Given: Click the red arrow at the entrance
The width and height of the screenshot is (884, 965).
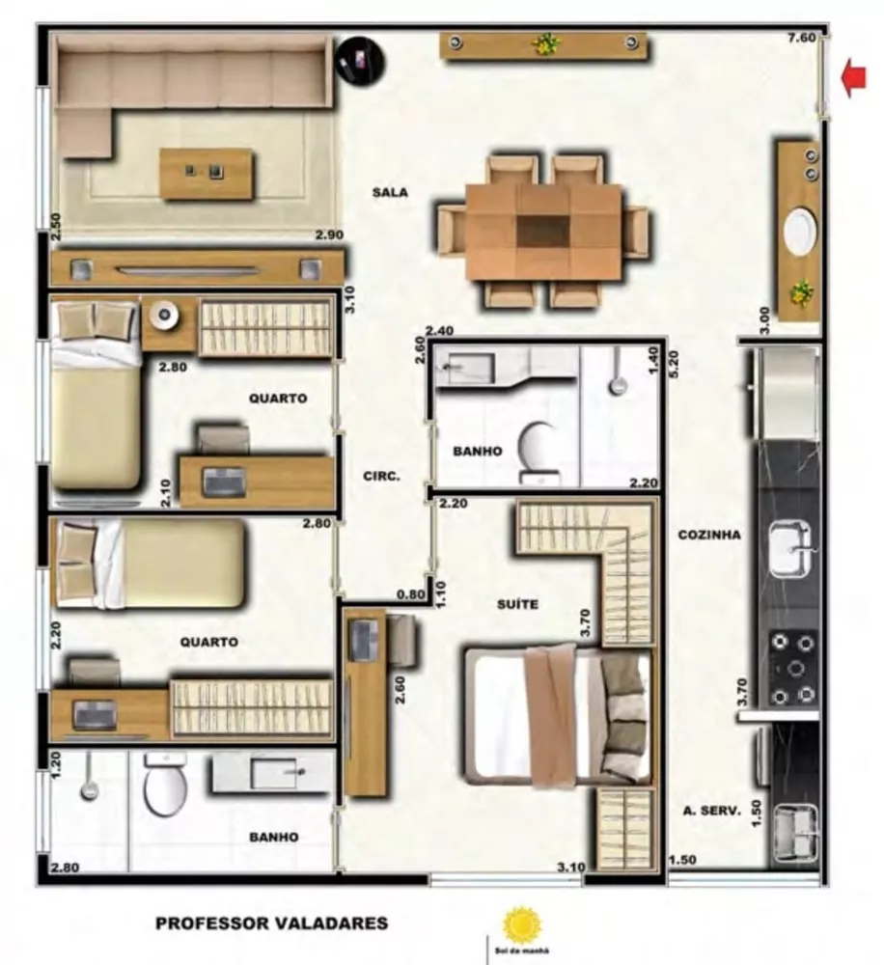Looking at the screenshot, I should tap(853, 78).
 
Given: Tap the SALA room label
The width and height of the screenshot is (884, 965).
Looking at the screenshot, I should tap(390, 193).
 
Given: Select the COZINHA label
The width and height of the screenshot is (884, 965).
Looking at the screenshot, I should tap(708, 535).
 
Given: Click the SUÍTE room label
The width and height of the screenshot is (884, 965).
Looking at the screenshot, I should tap(518, 605).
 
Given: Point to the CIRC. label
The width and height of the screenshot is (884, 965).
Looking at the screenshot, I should tap(381, 476).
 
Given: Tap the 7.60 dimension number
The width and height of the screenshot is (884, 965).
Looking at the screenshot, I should tap(802, 39).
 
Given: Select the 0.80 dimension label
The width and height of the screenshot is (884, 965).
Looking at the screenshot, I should tap(410, 594).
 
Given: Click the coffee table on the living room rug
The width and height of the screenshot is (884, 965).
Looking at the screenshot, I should tap(207, 174).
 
